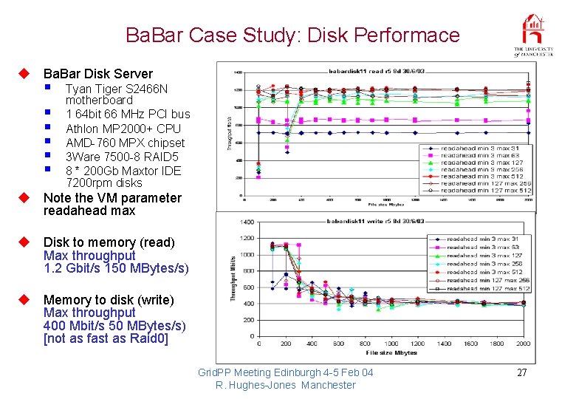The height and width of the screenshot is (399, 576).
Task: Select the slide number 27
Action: tap(521, 372)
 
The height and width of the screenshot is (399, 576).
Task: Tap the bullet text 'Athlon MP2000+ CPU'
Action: tap(123, 129)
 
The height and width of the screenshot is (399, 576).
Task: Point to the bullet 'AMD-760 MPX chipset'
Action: tap(125, 143)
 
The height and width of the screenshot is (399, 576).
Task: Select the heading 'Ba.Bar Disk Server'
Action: tap(98, 74)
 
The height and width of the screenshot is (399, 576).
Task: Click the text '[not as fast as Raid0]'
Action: tap(106, 338)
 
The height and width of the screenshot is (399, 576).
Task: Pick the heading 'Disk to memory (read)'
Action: tap(109, 242)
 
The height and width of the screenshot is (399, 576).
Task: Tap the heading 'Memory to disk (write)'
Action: tap(109, 300)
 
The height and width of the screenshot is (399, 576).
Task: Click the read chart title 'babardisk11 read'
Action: tap(356, 72)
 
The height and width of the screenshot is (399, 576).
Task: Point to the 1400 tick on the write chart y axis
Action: tap(247, 222)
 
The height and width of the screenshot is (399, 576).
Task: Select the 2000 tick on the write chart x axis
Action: tap(524, 344)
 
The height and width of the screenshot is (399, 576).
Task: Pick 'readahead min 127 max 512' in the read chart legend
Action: tap(485, 191)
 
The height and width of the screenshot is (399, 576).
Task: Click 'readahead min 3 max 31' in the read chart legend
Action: tap(479, 149)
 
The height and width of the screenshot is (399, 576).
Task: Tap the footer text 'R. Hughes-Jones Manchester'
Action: tap(285, 385)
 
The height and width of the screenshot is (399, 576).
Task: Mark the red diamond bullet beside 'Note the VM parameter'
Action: tap(24, 198)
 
